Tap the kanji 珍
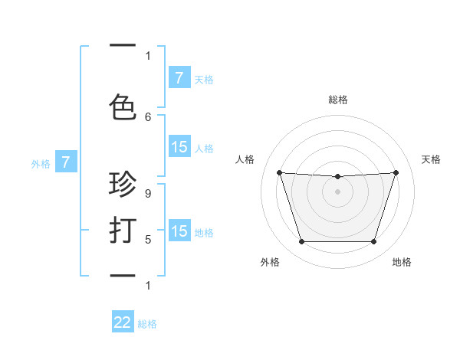point(123,186)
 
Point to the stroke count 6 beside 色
point(148,117)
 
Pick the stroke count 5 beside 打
point(148,240)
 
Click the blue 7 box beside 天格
point(179,78)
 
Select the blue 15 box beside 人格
point(179,148)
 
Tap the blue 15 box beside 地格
point(179,232)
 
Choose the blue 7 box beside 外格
point(66,162)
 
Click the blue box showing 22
point(123,323)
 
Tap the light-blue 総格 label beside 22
point(147,324)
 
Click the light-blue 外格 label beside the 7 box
point(40,163)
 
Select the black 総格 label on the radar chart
point(338,100)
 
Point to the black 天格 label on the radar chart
point(432,159)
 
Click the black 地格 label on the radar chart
point(402,262)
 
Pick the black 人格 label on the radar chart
point(245,159)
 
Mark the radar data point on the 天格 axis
point(396,172)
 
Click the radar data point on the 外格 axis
point(301,242)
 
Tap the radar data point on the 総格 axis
point(337,177)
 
